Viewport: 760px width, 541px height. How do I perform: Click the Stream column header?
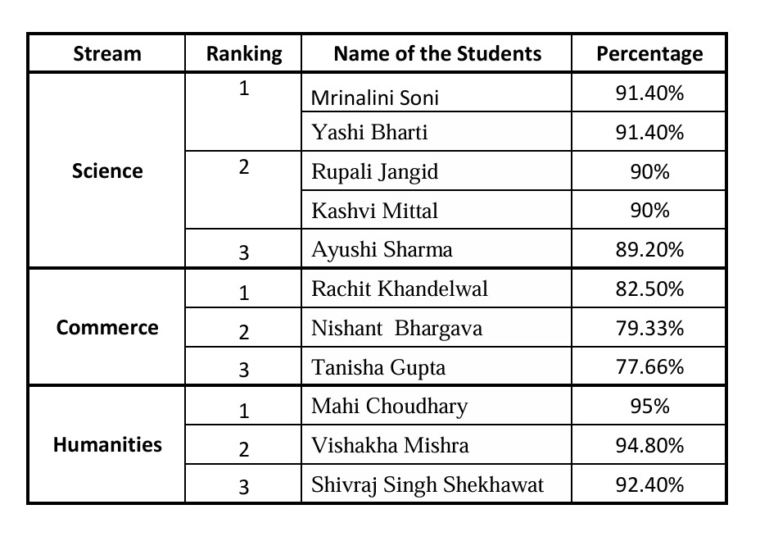[107, 54]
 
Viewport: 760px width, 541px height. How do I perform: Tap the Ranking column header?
[243, 54]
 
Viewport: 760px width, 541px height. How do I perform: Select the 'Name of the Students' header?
[437, 54]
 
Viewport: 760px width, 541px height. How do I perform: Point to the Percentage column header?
[649, 54]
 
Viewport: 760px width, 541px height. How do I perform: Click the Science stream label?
[107, 170]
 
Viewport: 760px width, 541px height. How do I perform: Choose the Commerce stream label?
[107, 327]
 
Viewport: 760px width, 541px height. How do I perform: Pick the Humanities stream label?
[107, 444]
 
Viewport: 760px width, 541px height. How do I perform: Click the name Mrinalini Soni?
[375, 98]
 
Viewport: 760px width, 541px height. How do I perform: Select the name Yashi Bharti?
[369, 132]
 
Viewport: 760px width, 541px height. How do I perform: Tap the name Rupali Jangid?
[374, 171]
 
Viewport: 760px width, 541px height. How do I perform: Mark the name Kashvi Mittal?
[374, 211]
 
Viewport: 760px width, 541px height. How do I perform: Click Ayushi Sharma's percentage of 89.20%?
[649, 249]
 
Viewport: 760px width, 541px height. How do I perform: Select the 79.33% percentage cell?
[649, 328]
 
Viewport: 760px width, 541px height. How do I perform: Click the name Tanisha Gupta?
[378, 367]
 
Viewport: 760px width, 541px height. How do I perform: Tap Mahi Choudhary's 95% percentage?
[649, 406]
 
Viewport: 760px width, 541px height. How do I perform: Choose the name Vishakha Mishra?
[390, 445]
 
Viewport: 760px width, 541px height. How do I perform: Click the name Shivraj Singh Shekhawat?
[427, 484]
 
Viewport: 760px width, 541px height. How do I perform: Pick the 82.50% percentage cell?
[649, 289]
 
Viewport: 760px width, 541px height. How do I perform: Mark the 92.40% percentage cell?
[649, 484]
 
